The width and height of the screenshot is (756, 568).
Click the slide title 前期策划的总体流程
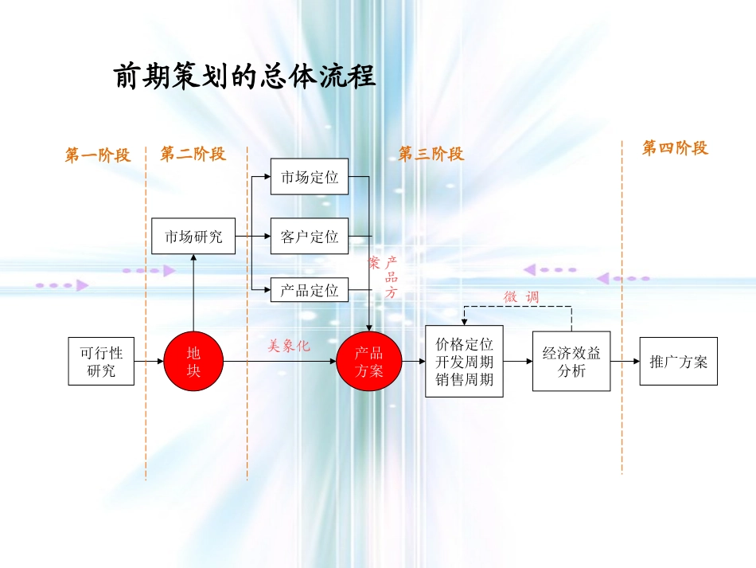[245, 77]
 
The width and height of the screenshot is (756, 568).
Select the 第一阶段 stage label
[97, 155]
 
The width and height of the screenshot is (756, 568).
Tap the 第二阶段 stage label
[193, 154]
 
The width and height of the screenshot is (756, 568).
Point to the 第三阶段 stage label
[431, 154]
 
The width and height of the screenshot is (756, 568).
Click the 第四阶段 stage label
[675, 148]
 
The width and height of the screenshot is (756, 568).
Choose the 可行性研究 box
[101, 361]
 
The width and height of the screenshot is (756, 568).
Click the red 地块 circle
[193, 361]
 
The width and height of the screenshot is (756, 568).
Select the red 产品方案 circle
[368, 361]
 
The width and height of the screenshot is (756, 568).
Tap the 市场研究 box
[193, 237]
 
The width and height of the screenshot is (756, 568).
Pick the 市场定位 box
[310, 177]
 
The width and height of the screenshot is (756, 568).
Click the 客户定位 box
[310, 237]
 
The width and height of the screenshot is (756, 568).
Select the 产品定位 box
[310, 290]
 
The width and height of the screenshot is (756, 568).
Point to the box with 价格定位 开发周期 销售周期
[464, 362]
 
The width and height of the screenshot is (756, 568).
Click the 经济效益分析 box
[571, 362]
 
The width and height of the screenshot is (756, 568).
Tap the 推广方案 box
[678, 361]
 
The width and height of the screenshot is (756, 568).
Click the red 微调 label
[521, 296]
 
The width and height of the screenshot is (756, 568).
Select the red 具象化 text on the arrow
[288, 346]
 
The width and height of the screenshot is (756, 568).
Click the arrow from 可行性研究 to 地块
[149, 362]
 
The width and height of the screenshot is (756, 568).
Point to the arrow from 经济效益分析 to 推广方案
[625, 362]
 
